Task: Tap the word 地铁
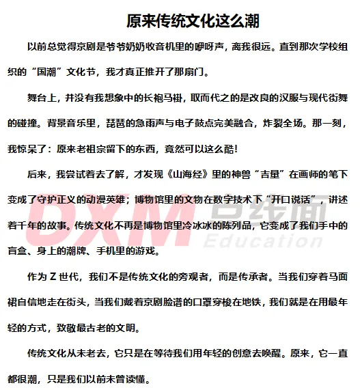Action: [x=258, y=303]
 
